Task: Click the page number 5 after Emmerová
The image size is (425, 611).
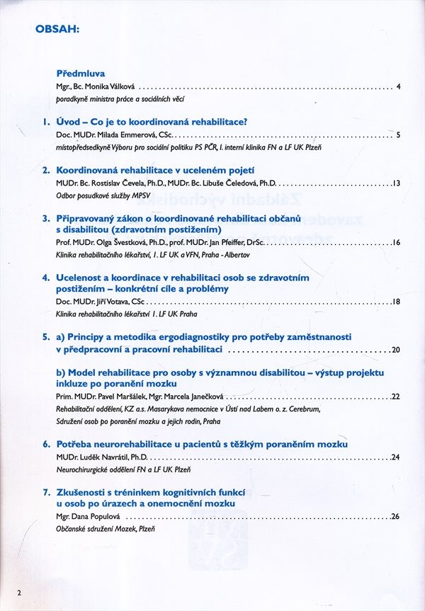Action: [x=399, y=135]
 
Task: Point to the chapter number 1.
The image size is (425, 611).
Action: [x=46, y=122]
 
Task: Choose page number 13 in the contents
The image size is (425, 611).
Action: [x=397, y=183]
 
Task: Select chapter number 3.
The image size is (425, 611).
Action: [x=46, y=219]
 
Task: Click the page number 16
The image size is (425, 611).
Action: [x=397, y=242]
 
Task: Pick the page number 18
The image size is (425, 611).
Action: [x=397, y=302]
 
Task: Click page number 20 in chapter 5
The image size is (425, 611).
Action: [x=396, y=350]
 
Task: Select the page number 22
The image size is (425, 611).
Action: [x=396, y=396]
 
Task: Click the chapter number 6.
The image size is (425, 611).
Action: [x=46, y=444]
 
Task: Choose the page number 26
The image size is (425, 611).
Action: [x=396, y=516]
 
